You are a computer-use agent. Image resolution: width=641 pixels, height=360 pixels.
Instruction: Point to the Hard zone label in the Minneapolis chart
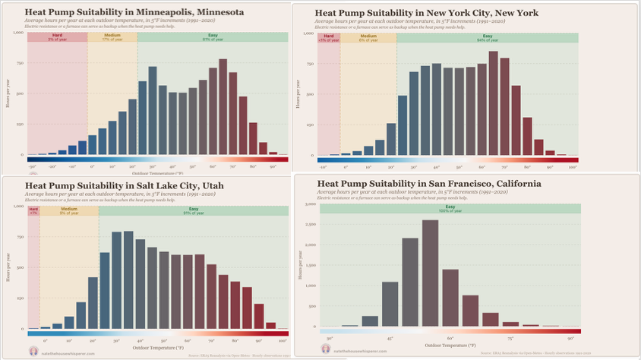point(57,36)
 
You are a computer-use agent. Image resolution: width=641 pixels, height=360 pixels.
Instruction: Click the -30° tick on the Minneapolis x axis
point(33,166)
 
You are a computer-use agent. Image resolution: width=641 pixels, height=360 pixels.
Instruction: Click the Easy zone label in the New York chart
point(487,36)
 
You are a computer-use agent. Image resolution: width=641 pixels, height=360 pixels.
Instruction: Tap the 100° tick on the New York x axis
point(572,167)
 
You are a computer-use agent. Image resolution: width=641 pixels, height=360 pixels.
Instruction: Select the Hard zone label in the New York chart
point(328,36)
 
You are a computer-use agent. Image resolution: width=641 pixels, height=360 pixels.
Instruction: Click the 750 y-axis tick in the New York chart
point(308,65)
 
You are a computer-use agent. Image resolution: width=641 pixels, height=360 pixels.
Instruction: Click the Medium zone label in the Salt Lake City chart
point(69,209)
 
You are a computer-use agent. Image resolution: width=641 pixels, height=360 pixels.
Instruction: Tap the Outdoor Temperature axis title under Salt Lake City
point(158,349)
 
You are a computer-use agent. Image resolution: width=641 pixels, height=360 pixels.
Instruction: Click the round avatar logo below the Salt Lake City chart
point(33,350)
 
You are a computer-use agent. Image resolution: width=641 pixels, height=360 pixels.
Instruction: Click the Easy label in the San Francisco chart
point(450,207)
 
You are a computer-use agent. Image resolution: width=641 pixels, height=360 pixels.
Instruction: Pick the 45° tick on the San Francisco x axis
point(390,339)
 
